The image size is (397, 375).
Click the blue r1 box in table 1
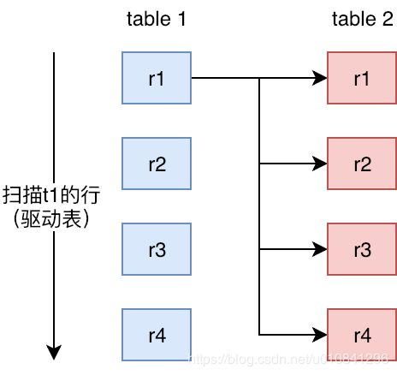pyautogui.click(x=157, y=78)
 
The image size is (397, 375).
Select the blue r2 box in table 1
pyautogui.click(x=157, y=163)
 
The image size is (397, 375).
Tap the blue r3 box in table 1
pyautogui.click(x=157, y=248)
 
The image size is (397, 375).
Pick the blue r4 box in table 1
pyautogui.click(x=157, y=333)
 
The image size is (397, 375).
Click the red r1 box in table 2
pyautogui.click(x=361, y=78)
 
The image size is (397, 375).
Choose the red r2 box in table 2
pyautogui.click(x=361, y=163)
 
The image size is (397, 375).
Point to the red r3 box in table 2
pyautogui.click(x=361, y=248)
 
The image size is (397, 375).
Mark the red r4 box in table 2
pyautogui.click(x=361, y=333)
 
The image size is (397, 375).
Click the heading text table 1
pyautogui.click(x=156, y=19)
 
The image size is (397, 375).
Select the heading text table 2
pyautogui.click(x=361, y=19)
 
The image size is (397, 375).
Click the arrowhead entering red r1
pyautogui.click(x=321, y=78)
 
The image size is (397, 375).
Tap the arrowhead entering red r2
pyautogui.click(x=321, y=163)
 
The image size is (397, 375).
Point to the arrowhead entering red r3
pyautogui.click(x=321, y=248)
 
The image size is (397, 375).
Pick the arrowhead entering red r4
pyautogui.click(x=321, y=333)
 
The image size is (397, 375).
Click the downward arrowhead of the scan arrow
pyautogui.click(x=55, y=351)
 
